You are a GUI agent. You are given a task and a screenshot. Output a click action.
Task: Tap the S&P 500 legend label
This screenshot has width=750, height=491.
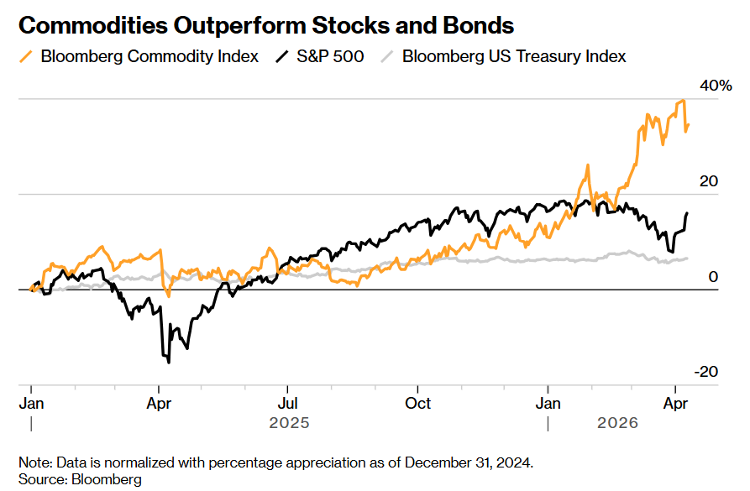pos(330,57)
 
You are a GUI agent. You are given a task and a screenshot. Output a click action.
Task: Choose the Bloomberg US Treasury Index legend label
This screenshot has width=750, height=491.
pos(514,57)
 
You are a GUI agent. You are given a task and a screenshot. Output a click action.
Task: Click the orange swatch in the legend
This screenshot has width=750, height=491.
pos(28,57)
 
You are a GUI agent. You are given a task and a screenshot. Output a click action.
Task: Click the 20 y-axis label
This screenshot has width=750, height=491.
pos(710,181)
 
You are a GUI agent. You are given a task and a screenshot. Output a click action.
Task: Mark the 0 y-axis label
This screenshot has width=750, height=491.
pos(713,277)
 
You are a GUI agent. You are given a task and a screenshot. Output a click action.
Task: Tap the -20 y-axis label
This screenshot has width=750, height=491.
pos(707,372)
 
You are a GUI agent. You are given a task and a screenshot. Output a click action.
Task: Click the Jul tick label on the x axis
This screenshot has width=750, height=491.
pos(287,403)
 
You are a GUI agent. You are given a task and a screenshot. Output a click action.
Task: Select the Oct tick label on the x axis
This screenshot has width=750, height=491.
pos(417,403)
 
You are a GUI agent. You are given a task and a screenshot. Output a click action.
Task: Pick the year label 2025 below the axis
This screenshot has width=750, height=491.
pos(289,424)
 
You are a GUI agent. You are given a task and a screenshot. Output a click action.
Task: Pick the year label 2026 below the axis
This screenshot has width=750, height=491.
pos(617,424)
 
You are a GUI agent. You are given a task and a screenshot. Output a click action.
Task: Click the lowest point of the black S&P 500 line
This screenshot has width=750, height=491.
pos(169,362)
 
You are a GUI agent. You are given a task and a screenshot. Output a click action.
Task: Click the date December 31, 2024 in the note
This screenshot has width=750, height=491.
pos(463,462)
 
